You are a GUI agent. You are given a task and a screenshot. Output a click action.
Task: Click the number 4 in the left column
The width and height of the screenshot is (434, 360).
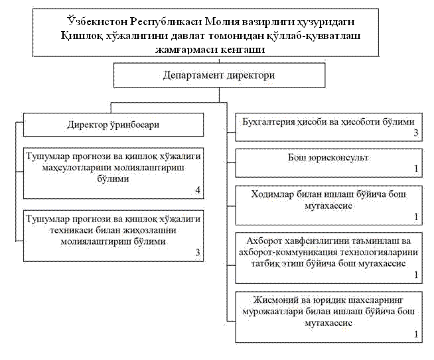pos(197,191)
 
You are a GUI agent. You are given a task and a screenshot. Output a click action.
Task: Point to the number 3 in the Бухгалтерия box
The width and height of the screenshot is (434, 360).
pos(416,133)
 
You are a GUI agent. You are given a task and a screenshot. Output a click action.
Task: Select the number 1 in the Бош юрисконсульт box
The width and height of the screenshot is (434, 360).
pos(416,170)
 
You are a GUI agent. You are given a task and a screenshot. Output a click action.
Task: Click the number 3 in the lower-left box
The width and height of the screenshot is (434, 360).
pos(197,252)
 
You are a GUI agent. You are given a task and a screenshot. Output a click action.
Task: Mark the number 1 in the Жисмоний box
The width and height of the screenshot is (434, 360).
pos(416,335)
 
